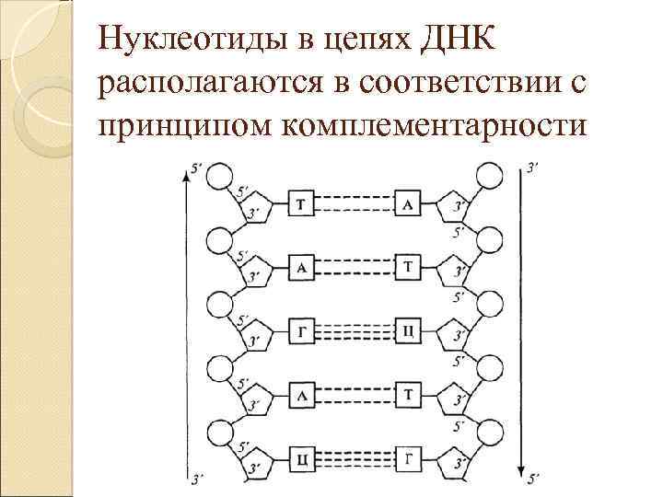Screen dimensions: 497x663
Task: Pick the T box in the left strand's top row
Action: tap(303, 203)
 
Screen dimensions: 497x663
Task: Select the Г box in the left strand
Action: tap(303, 329)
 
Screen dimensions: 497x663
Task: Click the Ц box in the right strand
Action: tap(407, 329)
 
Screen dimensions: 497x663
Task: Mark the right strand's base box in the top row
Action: tap(407, 203)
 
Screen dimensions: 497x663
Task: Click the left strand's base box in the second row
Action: tap(303, 267)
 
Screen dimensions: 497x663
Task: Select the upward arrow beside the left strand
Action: tap(189, 322)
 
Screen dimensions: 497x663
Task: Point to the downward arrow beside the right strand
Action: tap(522, 322)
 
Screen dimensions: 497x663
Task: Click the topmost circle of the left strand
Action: tap(220, 177)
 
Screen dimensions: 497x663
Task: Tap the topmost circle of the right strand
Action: tap(489, 177)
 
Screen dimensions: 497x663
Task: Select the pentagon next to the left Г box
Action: tap(256, 331)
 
